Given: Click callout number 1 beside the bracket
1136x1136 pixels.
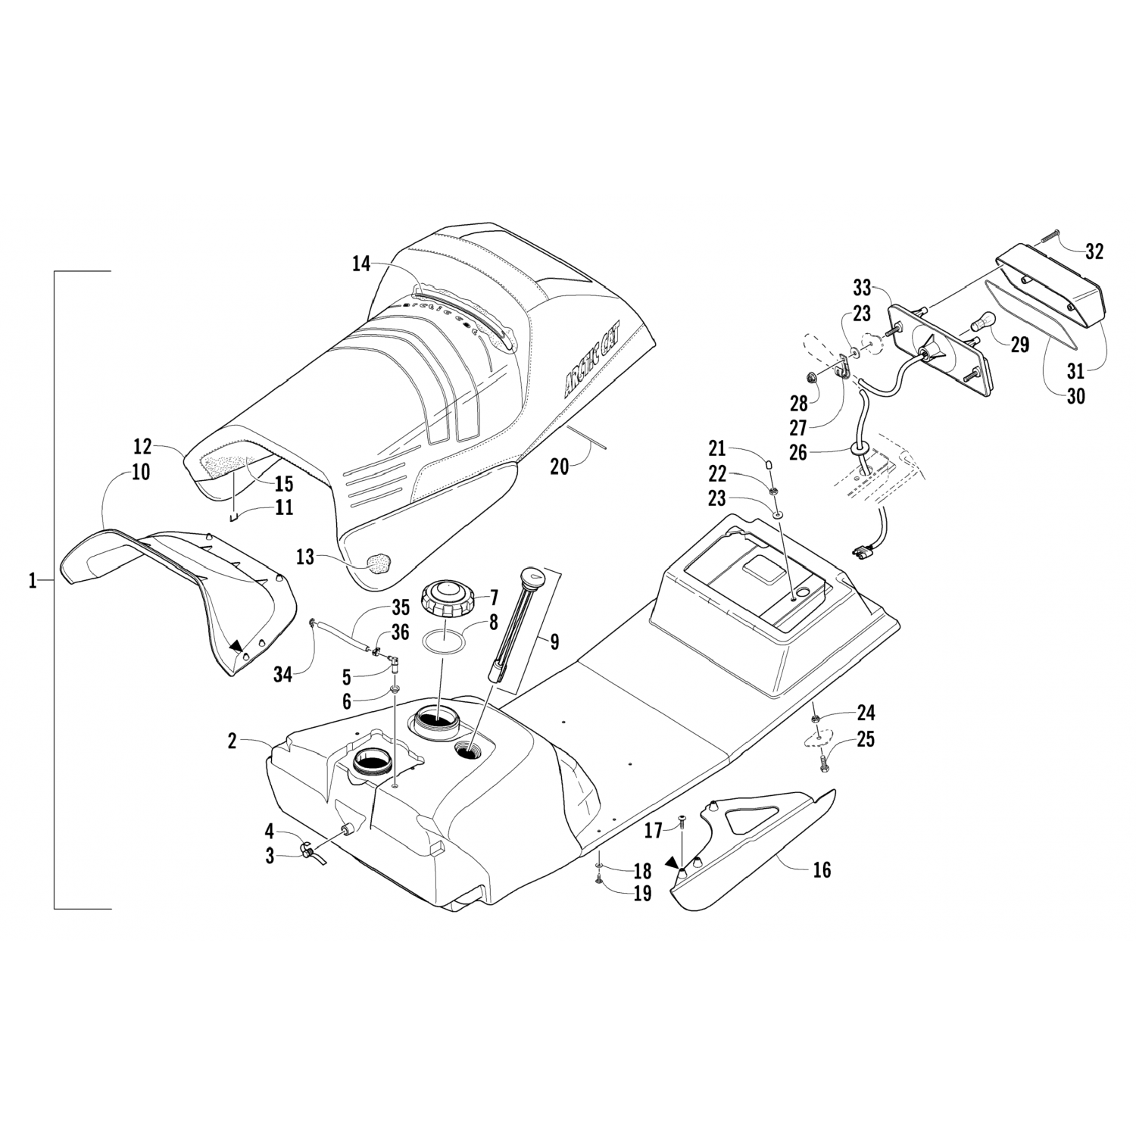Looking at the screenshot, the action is pos(33,582).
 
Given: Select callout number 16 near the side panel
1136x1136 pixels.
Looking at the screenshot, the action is pos(821,870).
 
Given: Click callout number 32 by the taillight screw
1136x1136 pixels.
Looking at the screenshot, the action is pos(1094,251).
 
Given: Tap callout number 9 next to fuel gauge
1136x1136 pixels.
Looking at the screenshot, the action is pos(554,642).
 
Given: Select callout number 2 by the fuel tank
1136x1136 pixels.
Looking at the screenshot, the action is pos(233,741).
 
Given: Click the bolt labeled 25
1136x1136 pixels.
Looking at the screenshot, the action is pos(823,765).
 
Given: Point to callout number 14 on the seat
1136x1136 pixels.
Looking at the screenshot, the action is pos(362,264).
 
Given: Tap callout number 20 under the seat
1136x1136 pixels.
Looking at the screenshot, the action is pos(559,467).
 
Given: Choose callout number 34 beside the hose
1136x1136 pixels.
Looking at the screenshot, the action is pos(282,674).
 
